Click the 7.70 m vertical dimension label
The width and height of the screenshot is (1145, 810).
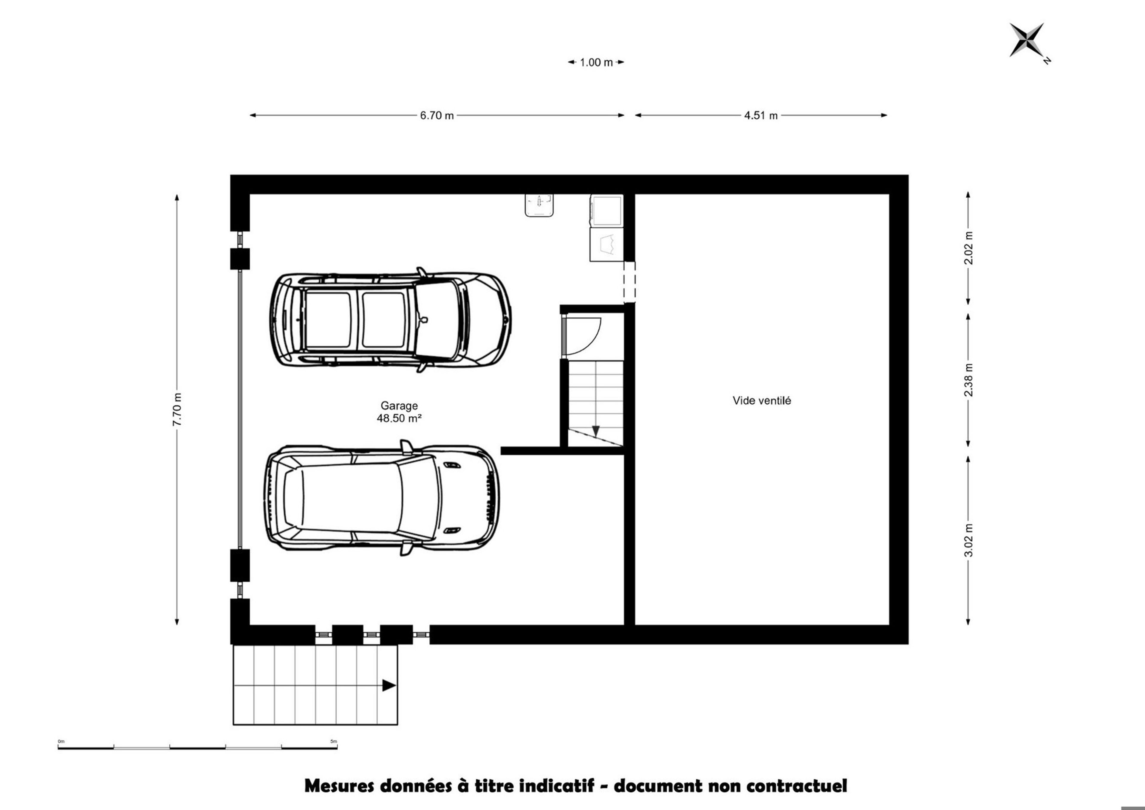(x=177, y=410)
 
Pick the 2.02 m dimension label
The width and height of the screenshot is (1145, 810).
(x=968, y=248)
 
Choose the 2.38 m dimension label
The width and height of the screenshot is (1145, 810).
(x=968, y=380)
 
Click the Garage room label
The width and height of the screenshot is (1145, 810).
(x=399, y=406)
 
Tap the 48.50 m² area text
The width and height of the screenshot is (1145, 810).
(x=399, y=419)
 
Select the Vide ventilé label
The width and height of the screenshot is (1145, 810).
(x=762, y=400)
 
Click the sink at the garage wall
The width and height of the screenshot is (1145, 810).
(x=539, y=205)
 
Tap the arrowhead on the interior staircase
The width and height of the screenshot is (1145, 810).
(x=595, y=431)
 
